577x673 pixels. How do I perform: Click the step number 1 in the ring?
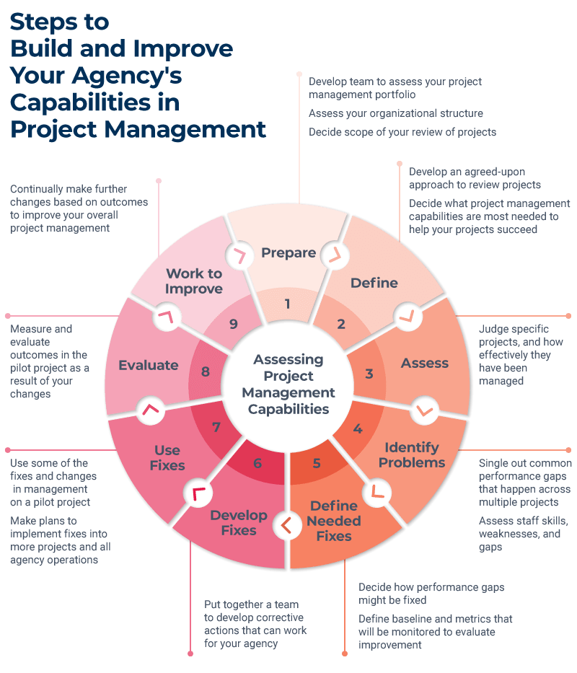click(x=287, y=304)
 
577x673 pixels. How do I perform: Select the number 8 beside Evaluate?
click(x=206, y=372)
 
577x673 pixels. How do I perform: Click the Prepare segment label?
click(x=288, y=252)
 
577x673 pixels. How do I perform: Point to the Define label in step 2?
click(x=374, y=283)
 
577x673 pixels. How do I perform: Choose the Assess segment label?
click(x=425, y=363)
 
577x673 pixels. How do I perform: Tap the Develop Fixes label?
click(x=239, y=522)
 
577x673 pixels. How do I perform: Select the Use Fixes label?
click(x=167, y=458)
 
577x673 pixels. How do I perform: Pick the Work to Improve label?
click(x=194, y=281)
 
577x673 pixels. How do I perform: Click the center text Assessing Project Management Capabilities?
click(x=288, y=384)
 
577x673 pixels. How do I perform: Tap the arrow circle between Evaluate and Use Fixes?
click(x=150, y=409)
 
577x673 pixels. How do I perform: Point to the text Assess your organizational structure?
click(x=395, y=113)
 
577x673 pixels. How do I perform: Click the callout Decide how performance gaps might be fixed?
click(x=431, y=593)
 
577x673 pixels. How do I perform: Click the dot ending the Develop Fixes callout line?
click(x=190, y=654)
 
